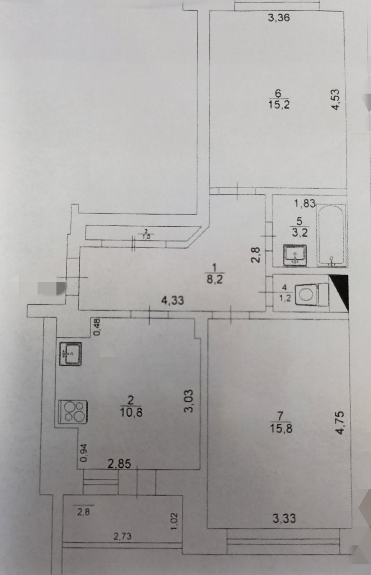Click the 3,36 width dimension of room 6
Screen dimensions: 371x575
coord(279,18)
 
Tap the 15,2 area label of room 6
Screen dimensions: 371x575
coord(279,105)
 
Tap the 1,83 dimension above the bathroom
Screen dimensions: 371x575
coord(305,204)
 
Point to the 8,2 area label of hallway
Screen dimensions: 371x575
coord(215,279)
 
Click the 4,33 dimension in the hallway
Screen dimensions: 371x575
coord(172,300)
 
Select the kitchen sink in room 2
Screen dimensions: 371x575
coord(71,354)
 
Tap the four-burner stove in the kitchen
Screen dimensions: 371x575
coord(73,411)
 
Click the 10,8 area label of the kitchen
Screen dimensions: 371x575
coord(131,412)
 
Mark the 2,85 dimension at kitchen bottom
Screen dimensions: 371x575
coord(119,464)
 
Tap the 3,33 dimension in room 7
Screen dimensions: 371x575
coord(284,518)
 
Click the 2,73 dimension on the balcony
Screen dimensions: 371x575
coord(122,537)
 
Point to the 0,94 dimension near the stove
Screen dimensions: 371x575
coord(83,453)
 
